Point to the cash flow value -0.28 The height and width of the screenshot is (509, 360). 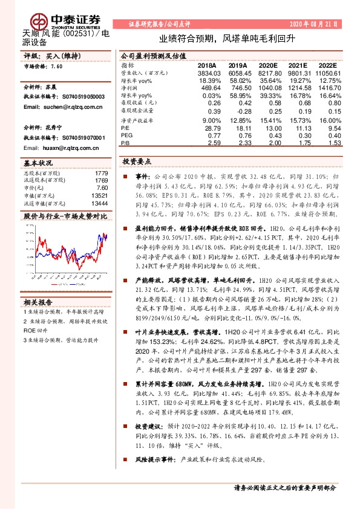(x=244, y=112)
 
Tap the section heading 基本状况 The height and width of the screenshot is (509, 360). (x=38, y=163)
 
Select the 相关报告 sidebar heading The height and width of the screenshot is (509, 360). (x=38, y=302)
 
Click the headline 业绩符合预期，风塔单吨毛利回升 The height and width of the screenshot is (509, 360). (x=227, y=38)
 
